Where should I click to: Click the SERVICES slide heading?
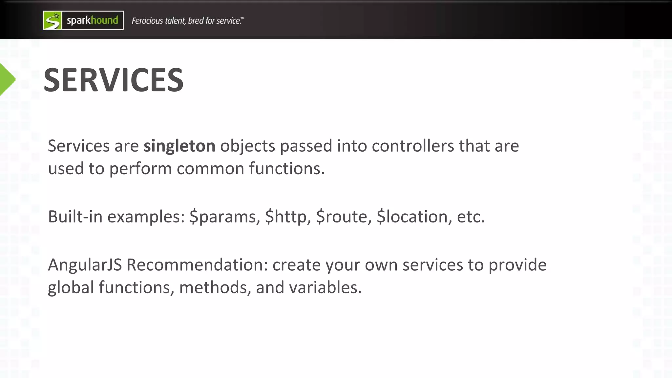(x=114, y=80)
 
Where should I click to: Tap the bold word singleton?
(x=179, y=146)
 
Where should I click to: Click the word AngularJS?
(x=85, y=265)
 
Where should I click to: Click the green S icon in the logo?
(x=52, y=21)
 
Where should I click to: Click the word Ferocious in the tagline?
(x=147, y=21)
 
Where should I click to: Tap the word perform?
(x=140, y=169)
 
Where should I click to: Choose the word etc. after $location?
(x=471, y=217)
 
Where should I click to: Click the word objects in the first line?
(x=247, y=146)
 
